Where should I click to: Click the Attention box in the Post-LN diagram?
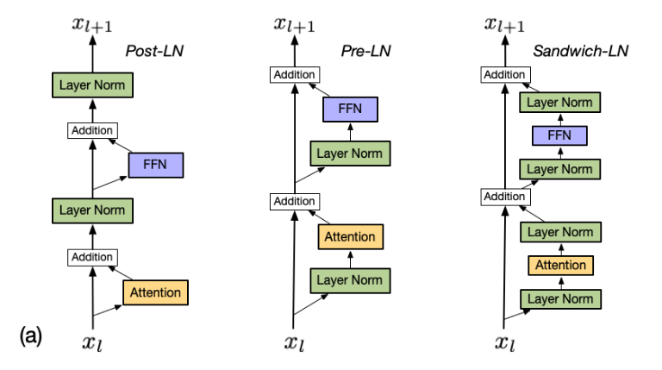[x=155, y=292]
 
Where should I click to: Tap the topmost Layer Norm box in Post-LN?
[x=92, y=85]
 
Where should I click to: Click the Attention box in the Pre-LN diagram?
[x=350, y=236]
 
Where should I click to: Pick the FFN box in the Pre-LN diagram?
[x=350, y=109]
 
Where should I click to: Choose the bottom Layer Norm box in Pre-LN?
[x=350, y=280]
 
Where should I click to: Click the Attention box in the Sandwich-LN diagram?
[x=559, y=265]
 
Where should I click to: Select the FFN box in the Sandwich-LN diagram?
[x=559, y=135]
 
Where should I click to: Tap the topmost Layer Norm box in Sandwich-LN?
[x=559, y=102]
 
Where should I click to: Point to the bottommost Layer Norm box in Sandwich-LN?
[x=559, y=298]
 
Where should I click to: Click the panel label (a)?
[x=30, y=335]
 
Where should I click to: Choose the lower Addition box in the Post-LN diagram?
[x=92, y=257]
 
